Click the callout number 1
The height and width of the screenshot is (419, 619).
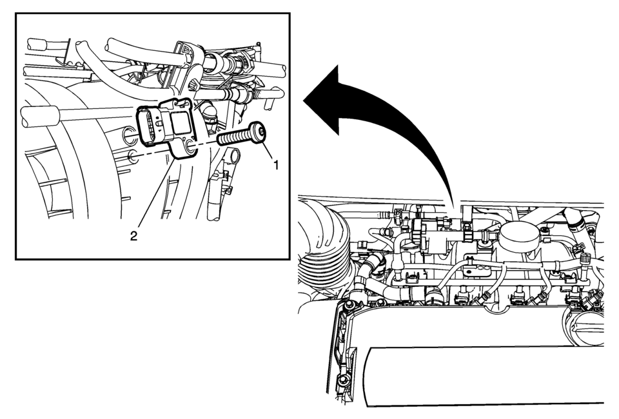coord(277,165)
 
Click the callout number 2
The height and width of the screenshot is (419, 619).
coord(134,237)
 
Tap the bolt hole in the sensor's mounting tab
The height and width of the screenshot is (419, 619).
coord(190,147)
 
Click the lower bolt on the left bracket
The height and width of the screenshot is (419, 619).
coord(341,382)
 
